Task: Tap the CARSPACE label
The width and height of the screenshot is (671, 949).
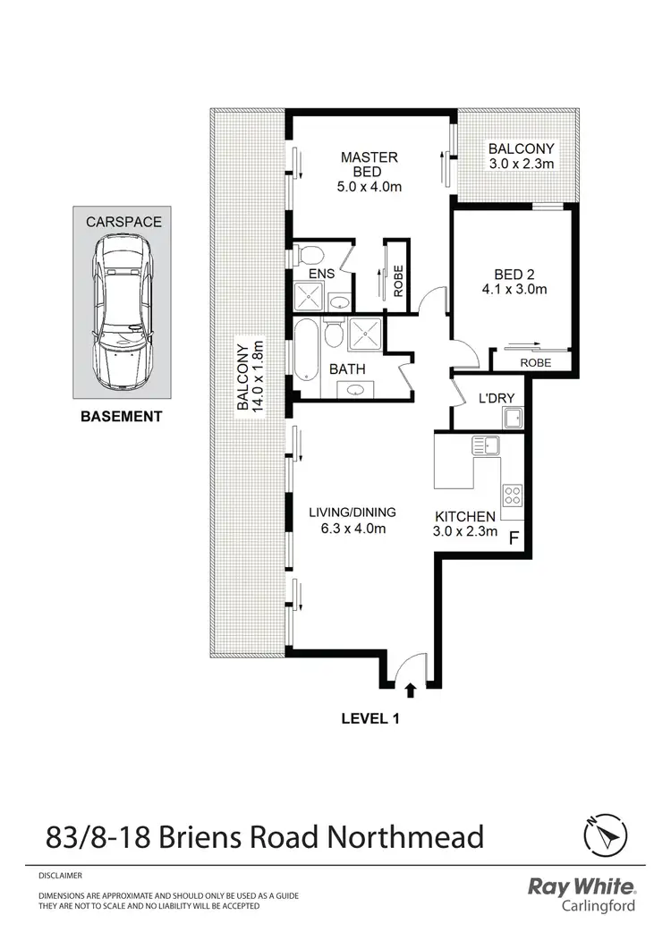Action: coord(123,221)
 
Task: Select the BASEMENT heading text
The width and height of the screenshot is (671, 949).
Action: coord(122,416)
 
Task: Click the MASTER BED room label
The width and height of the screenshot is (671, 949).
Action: coord(369,165)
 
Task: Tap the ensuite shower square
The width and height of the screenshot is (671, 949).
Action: coord(307,297)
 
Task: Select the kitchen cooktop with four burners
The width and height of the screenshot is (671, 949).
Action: coord(512,494)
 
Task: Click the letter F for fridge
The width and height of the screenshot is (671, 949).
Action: coord(514,538)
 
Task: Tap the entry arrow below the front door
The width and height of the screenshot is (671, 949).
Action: coord(412,690)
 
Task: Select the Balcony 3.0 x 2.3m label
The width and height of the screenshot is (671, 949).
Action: coord(520,156)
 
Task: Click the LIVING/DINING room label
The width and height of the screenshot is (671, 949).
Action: coord(352,521)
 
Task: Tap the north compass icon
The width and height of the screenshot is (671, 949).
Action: coord(603,837)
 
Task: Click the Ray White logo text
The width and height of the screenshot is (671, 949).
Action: coord(582,886)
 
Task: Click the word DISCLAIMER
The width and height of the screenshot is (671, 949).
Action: coord(61,876)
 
